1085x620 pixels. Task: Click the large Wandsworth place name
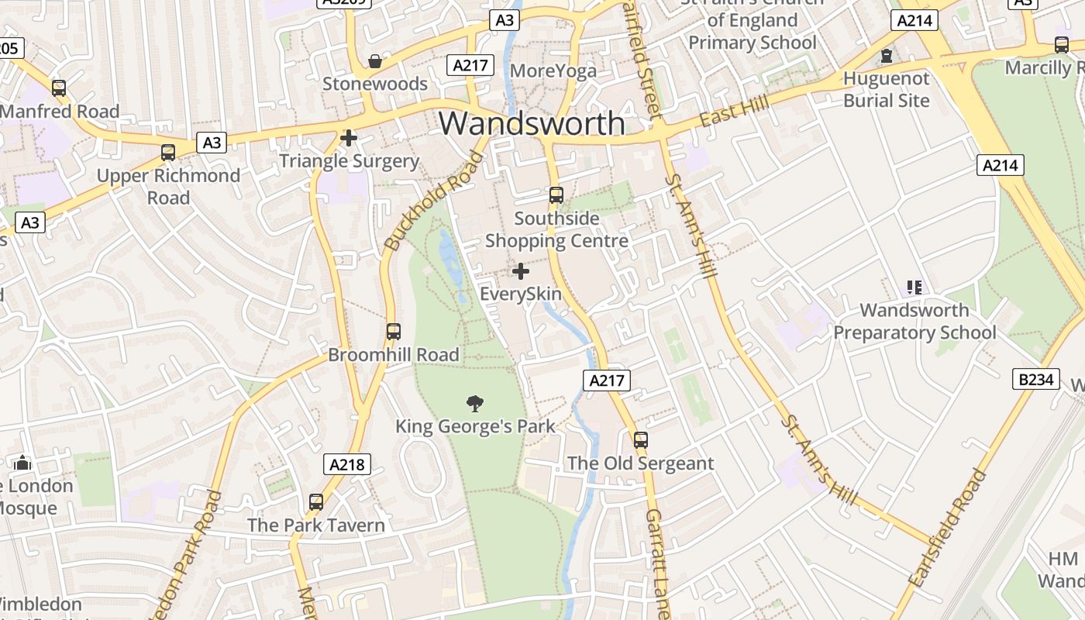(532, 123)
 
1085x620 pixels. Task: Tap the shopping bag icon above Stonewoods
(375, 60)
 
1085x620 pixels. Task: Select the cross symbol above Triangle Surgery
(349, 138)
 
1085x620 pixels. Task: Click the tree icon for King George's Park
(475, 403)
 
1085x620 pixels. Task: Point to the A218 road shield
(346, 464)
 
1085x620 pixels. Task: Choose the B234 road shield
(1036, 379)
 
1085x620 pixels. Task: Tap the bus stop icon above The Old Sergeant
(640, 439)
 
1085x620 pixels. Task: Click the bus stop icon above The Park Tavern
(315, 501)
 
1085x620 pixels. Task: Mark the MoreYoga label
(553, 71)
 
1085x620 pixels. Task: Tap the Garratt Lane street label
(657, 562)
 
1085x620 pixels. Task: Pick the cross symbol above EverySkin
(521, 271)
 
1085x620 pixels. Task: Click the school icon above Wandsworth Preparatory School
(914, 288)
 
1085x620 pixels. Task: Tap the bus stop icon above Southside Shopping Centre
(556, 195)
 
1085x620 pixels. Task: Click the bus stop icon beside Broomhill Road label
(393, 332)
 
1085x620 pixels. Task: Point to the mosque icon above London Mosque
(22, 463)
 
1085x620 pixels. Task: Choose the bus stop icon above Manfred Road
(58, 88)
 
